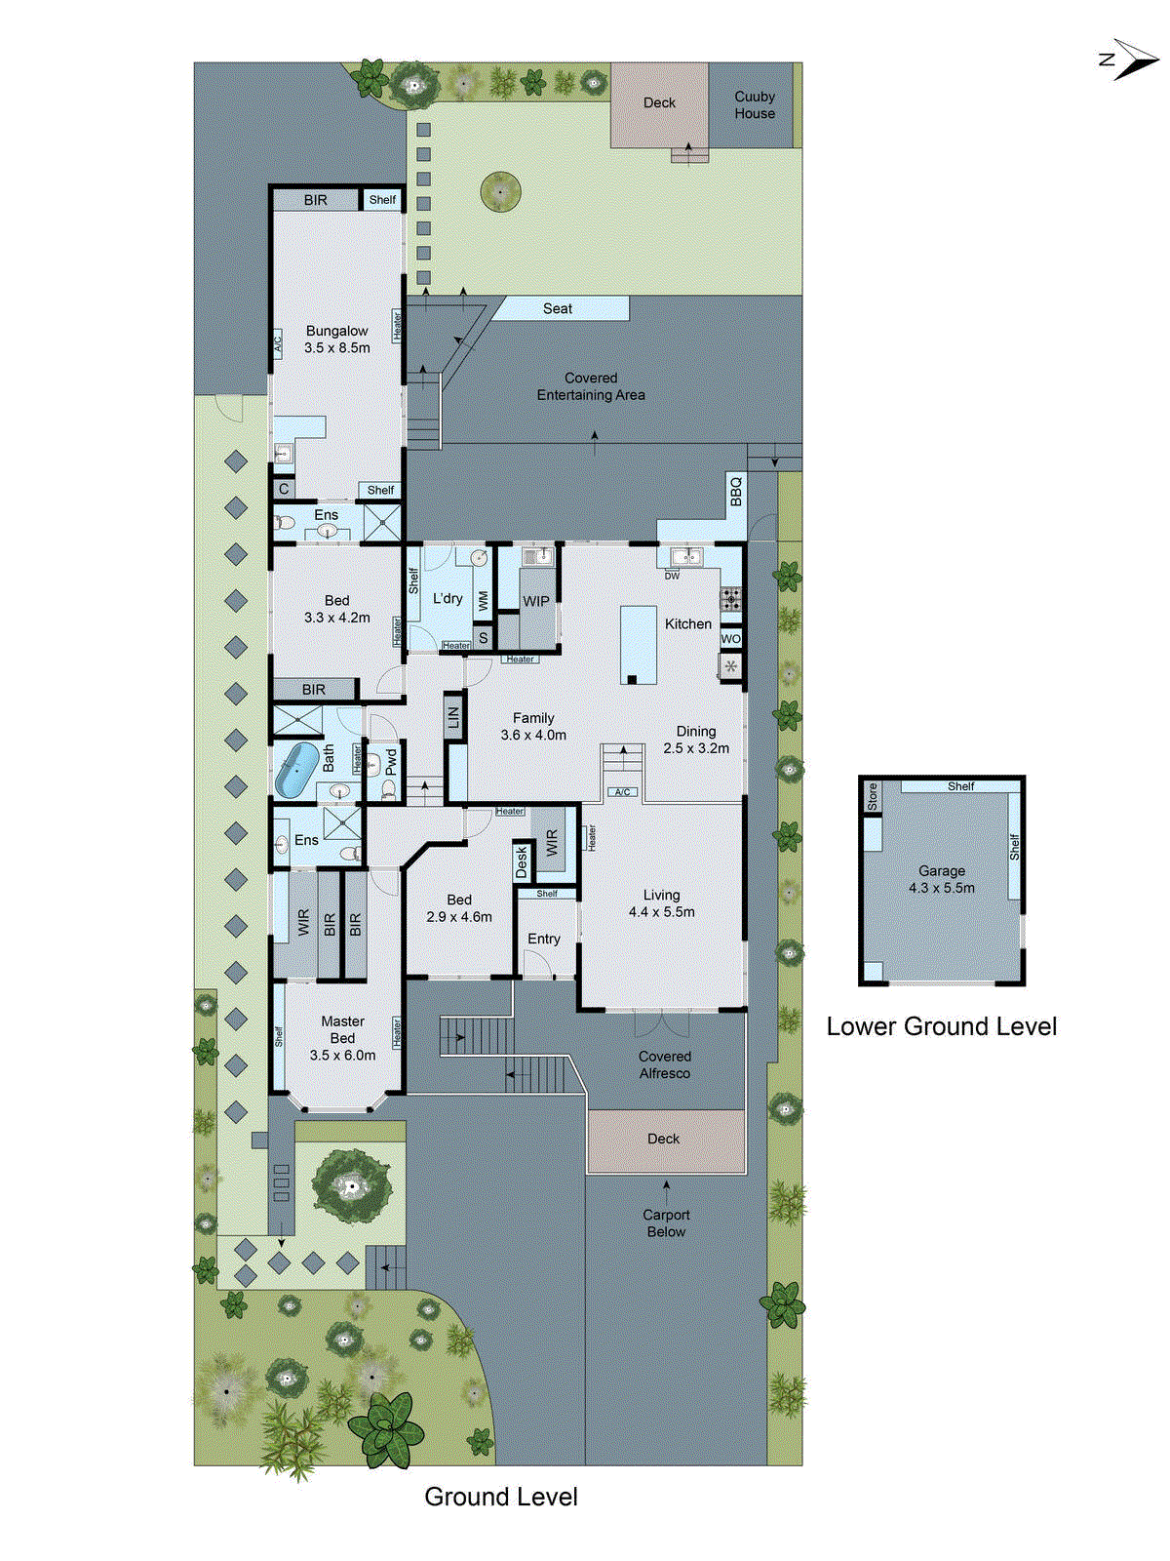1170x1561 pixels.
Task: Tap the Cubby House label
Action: tap(755, 105)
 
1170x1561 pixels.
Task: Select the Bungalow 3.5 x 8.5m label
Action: tap(336, 340)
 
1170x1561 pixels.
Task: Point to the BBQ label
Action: tap(736, 491)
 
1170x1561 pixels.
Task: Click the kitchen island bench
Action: tap(639, 644)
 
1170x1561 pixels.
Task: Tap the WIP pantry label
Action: tap(536, 601)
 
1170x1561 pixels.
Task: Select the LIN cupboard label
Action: tap(453, 718)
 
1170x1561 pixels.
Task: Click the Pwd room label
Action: tap(391, 762)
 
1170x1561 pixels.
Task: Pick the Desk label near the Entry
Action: tap(522, 861)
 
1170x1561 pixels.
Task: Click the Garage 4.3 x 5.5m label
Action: tap(941, 879)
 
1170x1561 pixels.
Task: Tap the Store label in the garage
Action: tap(873, 796)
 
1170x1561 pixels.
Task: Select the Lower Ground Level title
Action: tap(941, 1026)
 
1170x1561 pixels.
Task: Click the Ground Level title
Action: tap(500, 1497)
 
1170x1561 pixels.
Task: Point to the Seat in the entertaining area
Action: tap(558, 308)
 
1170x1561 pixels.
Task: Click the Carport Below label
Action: tap(666, 1223)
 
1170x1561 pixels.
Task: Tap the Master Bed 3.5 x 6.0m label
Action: tap(342, 1038)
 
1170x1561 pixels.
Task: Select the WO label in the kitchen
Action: tap(731, 639)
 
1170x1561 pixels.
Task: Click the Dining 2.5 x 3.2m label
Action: tap(696, 740)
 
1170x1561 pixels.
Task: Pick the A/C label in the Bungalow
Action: tap(277, 342)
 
